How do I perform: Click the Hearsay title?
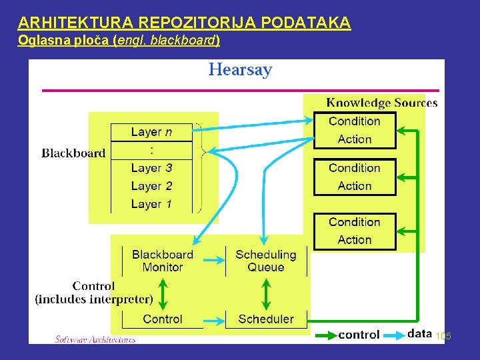coord(241,70)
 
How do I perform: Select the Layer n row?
coord(151,132)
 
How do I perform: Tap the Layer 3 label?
coord(151,168)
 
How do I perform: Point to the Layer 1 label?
coord(151,204)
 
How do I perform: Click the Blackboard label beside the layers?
coord(73,153)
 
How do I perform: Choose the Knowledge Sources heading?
coord(381,103)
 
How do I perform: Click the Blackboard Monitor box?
coord(162,261)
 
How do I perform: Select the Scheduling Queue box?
coord(265,261)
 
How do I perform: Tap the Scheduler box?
coord(265,319)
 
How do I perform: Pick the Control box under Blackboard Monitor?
coord(162,319)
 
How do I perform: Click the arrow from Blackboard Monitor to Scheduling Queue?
coord(213,261)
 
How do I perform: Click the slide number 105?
coord(443,337)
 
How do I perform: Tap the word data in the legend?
coord(419,333)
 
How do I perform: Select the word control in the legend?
coord(359,335)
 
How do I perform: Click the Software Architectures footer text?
coord(95,339)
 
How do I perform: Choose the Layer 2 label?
coord(151,186)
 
